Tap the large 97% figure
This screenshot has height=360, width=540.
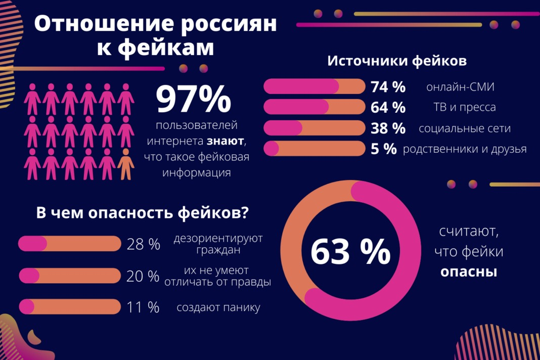(193, 100)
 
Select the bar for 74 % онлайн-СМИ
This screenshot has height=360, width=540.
(314, 86)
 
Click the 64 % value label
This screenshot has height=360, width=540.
(388, 108)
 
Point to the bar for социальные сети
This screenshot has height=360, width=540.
(314, 128)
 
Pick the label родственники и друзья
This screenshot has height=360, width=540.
(465, 149)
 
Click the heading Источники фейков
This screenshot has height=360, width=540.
(397, 61)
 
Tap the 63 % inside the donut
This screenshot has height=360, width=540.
(350, 251)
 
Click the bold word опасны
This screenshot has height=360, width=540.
(469, 272)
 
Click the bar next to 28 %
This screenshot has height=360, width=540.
(70, 244)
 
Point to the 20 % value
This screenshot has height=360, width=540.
(143, 276)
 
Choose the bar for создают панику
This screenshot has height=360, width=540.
(70, 307)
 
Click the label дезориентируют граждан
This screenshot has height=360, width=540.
(218, 244)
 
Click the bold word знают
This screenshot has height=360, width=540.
(224, 141)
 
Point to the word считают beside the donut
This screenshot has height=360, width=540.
(469, 232)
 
